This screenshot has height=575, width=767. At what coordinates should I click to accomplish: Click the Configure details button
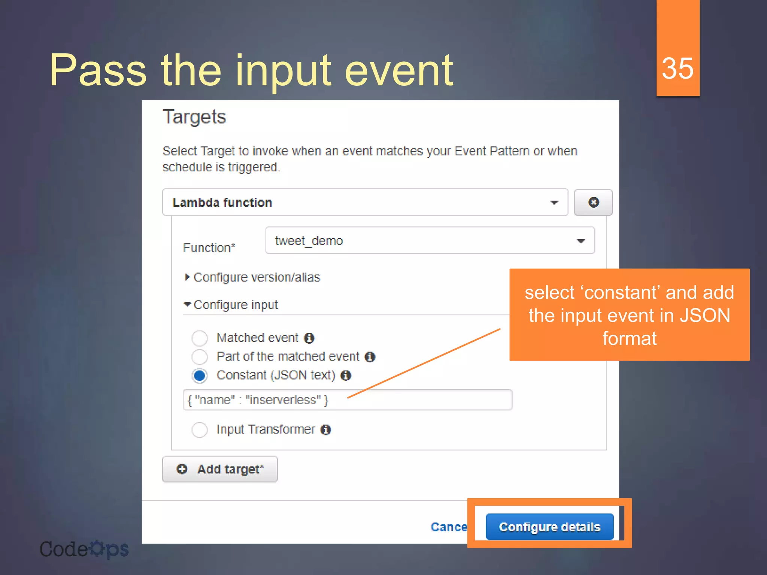pos(549,527)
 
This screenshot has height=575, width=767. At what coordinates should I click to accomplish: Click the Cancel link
pos(449,527)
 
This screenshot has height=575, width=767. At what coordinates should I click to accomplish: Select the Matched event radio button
pos(199,338)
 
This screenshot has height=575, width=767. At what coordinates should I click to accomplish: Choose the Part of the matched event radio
pos(199,357)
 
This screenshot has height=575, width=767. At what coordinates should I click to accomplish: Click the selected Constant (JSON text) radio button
pos(199,375)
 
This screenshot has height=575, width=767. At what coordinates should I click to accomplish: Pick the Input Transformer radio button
pos(199,430)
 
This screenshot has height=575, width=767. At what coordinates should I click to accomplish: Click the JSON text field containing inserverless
pos(347,400)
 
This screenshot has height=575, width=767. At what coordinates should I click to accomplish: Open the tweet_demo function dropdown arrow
pos(580,241)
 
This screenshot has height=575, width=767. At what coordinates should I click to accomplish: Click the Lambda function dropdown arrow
pos(554,203)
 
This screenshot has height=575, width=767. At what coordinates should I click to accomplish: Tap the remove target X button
pos(593,203)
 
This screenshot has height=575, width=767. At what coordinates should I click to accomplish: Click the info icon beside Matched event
pos(309,338)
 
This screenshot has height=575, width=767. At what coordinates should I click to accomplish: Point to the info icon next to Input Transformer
pos(326,430)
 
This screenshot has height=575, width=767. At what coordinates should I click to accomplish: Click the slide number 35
pos(677,68)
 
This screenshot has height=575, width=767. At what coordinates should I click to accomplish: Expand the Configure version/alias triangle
pos(187,277)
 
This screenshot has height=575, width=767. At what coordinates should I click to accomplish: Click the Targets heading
pos(194,117)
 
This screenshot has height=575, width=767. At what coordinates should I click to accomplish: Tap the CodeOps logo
pos(84,549)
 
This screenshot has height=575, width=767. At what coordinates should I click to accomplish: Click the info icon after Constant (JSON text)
pos(346,375)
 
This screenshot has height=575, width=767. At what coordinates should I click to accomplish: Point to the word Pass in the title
pos(98,70)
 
